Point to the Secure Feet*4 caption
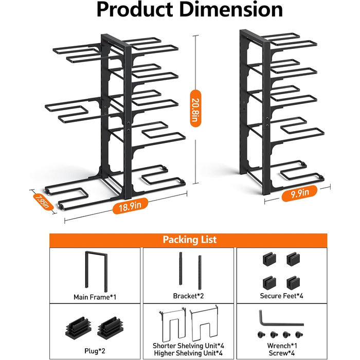(x=282, y=297)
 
